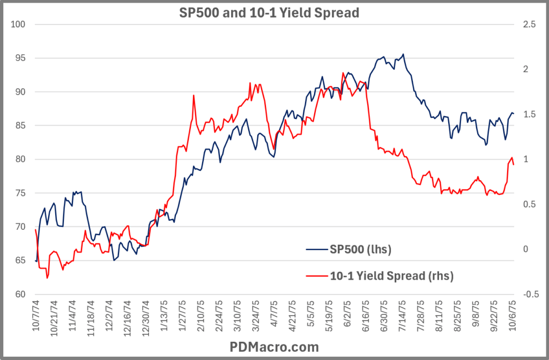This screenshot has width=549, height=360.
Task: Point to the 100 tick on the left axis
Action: click(x=20, y=25)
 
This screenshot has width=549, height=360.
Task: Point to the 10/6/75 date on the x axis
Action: click(x=509, y=316)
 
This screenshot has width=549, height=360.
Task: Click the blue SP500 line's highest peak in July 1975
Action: click(x=403, y=54)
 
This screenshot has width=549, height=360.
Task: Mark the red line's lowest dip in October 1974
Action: click(x=47, y=278)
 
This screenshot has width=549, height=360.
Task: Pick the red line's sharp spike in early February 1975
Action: click(x=193, y=95)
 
